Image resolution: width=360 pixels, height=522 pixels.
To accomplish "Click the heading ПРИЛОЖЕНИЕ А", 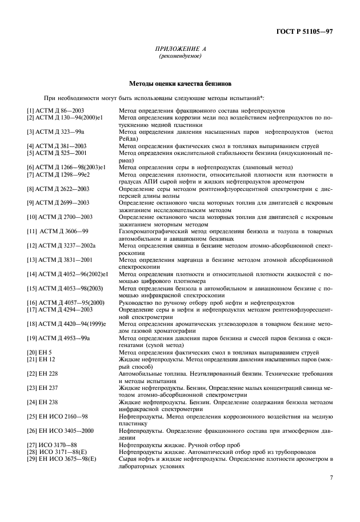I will click(179, 50).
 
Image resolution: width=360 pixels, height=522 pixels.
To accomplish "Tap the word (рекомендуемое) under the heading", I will click(179, 57).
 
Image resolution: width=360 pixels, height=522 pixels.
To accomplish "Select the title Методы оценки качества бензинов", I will click(179, 83).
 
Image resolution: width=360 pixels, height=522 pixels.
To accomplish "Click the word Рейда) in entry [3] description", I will click(129, 138).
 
